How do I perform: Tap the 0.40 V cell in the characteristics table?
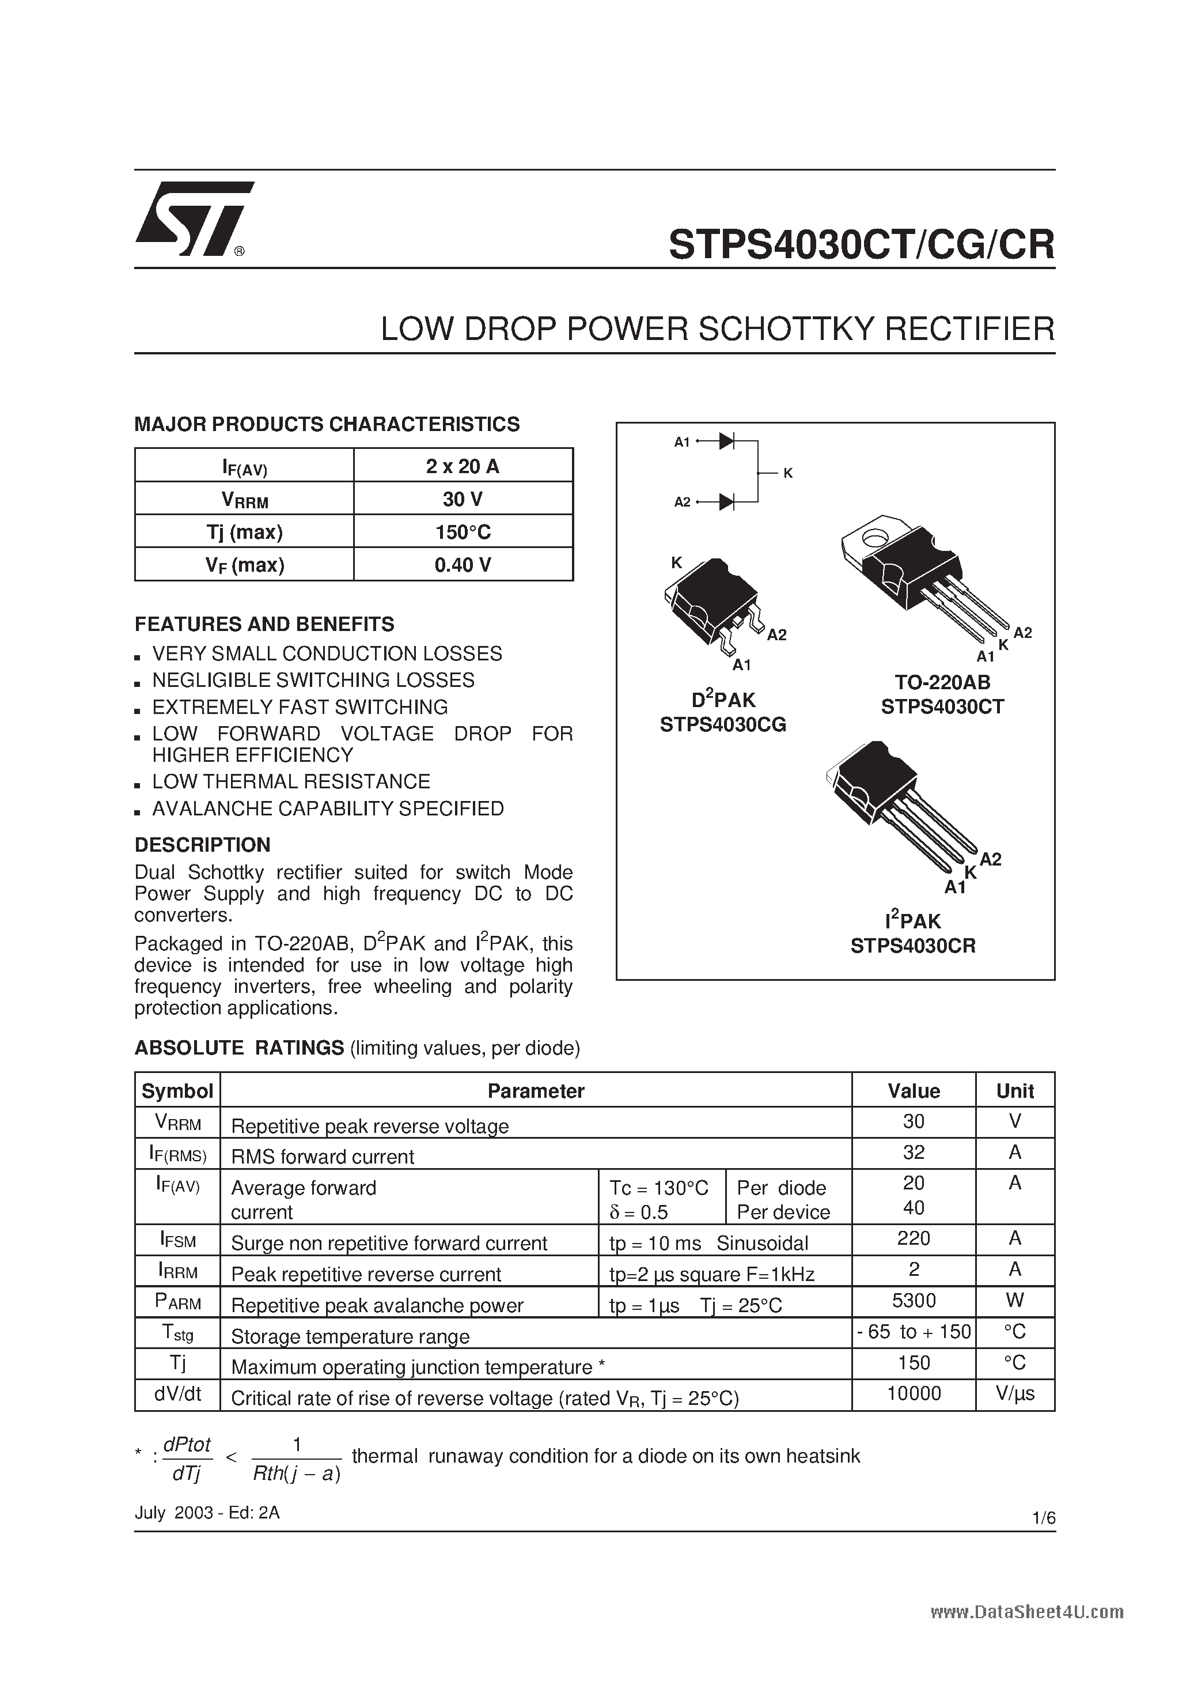pos(463,564)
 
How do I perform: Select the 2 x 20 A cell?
pos(463,466)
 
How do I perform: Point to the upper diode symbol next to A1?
pos(726,441)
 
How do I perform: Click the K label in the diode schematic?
pos(788,473)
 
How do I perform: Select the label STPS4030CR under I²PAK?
pos(913,946)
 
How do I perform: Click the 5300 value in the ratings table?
pos(914,1301)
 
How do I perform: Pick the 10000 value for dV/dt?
pos(914,1393)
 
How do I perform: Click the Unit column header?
pos(1015,1090)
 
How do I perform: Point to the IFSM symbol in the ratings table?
pos(177,1240)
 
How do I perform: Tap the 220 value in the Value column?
pos(914,1238)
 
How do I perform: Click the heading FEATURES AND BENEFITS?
pos(264,624)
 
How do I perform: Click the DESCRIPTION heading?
pos(203,845)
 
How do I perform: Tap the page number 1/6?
pos(1043,1518)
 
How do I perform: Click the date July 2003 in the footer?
pos(173,1513)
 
